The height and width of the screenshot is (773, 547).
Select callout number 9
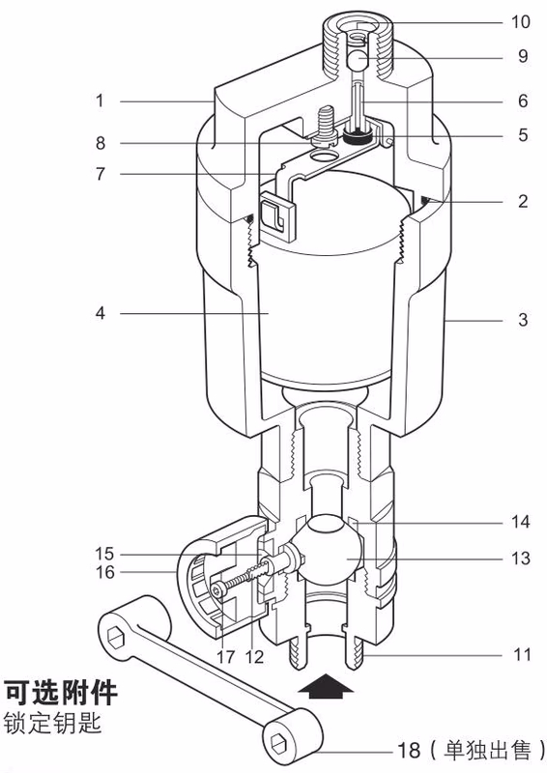click(522, 57)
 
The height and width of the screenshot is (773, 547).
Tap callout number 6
click(522, 100)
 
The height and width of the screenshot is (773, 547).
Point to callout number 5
click(522, 135)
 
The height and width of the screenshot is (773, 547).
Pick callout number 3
click(522, 319)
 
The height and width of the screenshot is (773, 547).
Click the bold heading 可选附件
click(62, 694)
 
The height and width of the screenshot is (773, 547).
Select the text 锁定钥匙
click(53, 723)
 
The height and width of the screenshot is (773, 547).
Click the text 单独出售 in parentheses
click(490, 748)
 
